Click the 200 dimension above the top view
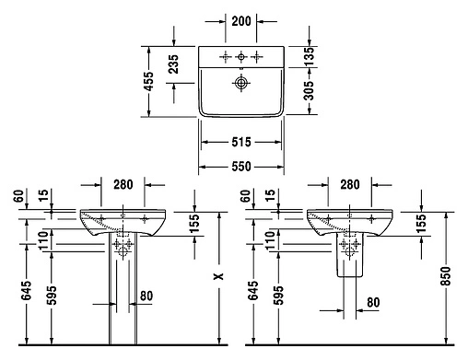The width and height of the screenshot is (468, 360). click(240, 19)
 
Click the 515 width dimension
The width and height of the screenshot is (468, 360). click(240, 143)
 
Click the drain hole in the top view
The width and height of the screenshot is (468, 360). click(241, 84)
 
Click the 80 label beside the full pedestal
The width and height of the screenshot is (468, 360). click(146, 296)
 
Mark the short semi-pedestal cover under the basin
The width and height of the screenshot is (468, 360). click(349, 260)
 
